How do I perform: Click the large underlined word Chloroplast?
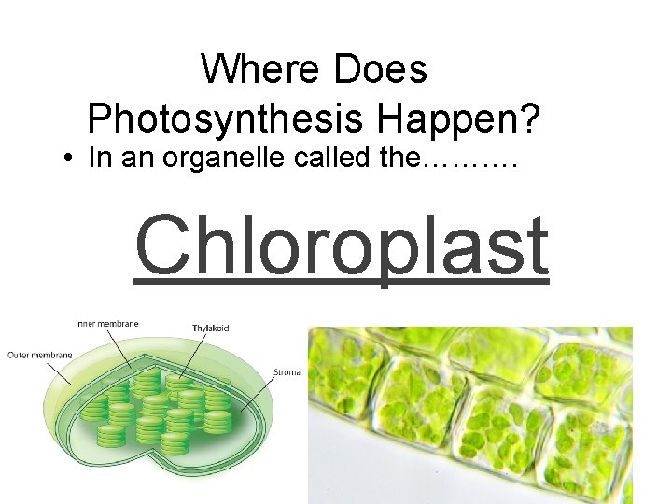342,246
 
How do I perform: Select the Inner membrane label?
107,324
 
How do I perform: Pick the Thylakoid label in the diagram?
211,328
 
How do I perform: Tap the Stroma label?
287,373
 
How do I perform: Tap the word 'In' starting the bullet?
97,159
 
